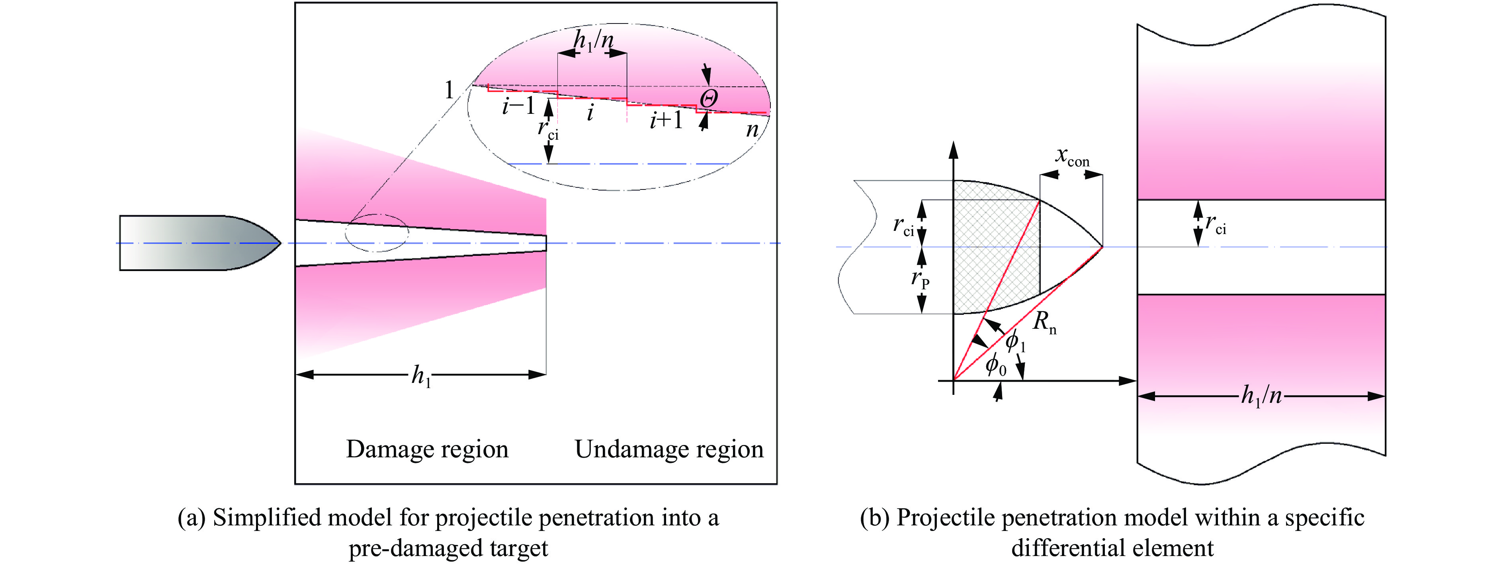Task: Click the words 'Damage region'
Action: tap(427, 449)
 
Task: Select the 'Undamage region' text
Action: tap(669, 449)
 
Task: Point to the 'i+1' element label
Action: tap(666, 120)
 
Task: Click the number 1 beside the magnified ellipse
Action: tap(449, 90)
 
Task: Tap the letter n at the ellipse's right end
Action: tap(752, 129)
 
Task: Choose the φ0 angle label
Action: tap(995, 366)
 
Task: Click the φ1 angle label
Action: tap(1015, 340)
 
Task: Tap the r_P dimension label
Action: tap(920, 280)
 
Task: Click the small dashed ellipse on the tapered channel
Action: tap(377, 233)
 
